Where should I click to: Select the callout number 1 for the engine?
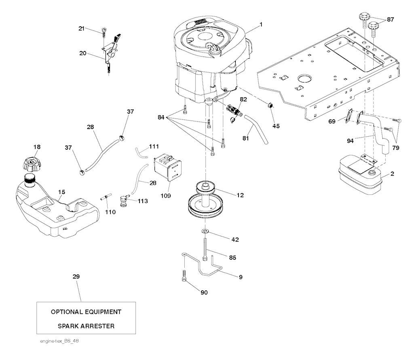(x=261, y=25)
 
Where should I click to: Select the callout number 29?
(x=76, y=277)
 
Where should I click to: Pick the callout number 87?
(x=390, y=19)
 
